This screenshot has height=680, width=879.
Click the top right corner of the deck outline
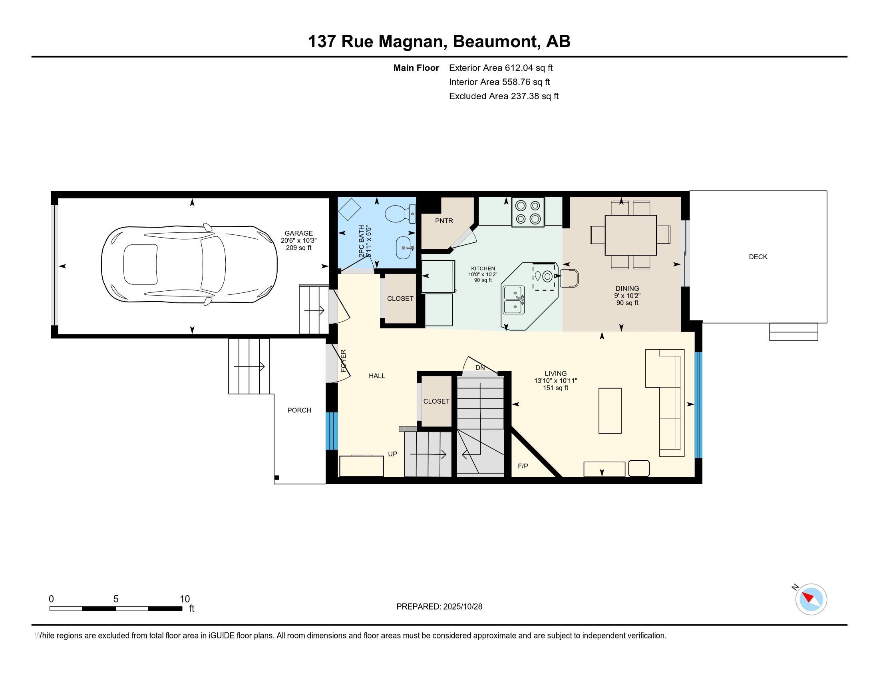coord(827,191)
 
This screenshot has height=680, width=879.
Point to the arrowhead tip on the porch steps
coord(264,366)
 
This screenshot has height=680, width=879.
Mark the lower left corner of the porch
coord(274,484)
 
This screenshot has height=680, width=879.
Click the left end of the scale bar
coord(50,609)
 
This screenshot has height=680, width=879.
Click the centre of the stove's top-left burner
coord(521,206)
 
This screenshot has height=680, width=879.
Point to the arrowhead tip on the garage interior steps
coord(324,310)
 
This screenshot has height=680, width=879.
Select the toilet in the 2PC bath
coord(400,214)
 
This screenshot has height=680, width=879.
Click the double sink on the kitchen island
coord(514,300)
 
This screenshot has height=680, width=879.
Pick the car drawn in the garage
coord(189,264)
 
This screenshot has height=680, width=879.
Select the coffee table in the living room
coord(610,410)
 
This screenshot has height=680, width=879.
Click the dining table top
coord(630,235)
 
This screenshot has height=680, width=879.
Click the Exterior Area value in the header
coord(529,68)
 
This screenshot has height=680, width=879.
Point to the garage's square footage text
coord(298,248)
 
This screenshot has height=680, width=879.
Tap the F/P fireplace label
coord(523,466)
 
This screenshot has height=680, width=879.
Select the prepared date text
coord(439,607)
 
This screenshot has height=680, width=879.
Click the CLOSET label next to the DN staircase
coord(436,401)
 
